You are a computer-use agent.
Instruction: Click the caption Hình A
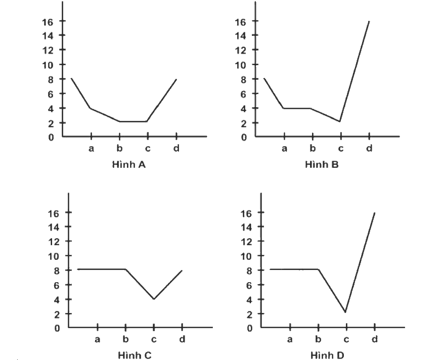coord(129,164)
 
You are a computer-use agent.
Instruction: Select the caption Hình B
coord(322,164)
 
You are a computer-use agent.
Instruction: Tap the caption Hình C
coord(135,355)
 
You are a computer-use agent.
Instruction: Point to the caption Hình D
coord(327,355)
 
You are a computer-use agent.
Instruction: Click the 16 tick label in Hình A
coord(48,22)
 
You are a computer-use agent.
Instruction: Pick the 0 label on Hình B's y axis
coord(244,138)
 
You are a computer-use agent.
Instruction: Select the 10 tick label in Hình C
coord(54,256)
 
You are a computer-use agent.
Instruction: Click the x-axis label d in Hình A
coord(176,148)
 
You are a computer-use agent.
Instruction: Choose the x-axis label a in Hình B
coord(285,148)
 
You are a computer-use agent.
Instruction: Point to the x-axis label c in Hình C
coord(154,339)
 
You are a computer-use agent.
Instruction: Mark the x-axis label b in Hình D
coord(318,339)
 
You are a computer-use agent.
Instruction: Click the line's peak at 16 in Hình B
coord(369,21)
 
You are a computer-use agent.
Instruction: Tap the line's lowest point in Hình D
coord(345,312)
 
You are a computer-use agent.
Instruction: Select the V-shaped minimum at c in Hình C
coord(154,299)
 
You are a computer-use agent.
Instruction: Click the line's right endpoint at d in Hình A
coord(176,79)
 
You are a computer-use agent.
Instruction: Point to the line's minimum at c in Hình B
coord(340,121)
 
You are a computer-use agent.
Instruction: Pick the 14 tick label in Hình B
coord(241,36)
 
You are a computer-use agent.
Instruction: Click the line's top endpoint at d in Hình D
coord(375,213)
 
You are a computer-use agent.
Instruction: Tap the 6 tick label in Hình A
coord(51,94)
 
